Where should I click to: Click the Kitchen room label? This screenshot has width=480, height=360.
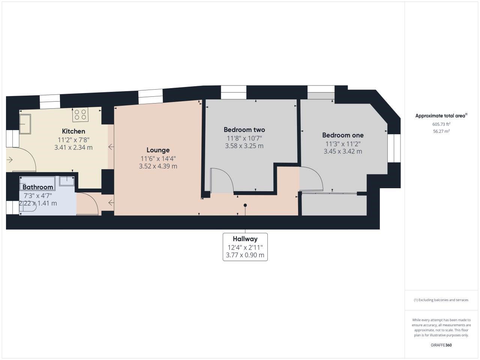[73, 131]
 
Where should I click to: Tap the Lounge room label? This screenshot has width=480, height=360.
[158, 150]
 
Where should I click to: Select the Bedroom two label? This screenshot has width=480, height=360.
[244, 130]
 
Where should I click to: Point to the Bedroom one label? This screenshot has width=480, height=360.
[343, 135]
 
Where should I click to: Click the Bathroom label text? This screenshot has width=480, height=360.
[38, 187]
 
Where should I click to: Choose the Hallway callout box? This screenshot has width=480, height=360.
[245, 247]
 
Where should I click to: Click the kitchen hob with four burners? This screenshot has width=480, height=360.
[80, 114]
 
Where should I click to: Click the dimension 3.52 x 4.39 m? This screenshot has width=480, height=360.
[158, 166]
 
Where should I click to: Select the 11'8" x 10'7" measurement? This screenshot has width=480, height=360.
[244, 138]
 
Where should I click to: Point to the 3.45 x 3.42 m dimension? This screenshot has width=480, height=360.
[343, 151]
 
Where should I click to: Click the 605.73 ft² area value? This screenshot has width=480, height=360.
[441, 124]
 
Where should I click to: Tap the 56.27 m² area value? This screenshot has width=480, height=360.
[441, 131]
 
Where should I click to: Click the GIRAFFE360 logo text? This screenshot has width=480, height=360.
[441, 345]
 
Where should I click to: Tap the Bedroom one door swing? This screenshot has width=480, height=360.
[311, 179]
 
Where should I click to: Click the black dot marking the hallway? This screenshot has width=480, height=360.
[245, 205]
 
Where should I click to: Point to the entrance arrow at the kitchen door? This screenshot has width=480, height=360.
[9, 160]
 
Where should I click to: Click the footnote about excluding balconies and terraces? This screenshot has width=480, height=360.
[441, 300]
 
